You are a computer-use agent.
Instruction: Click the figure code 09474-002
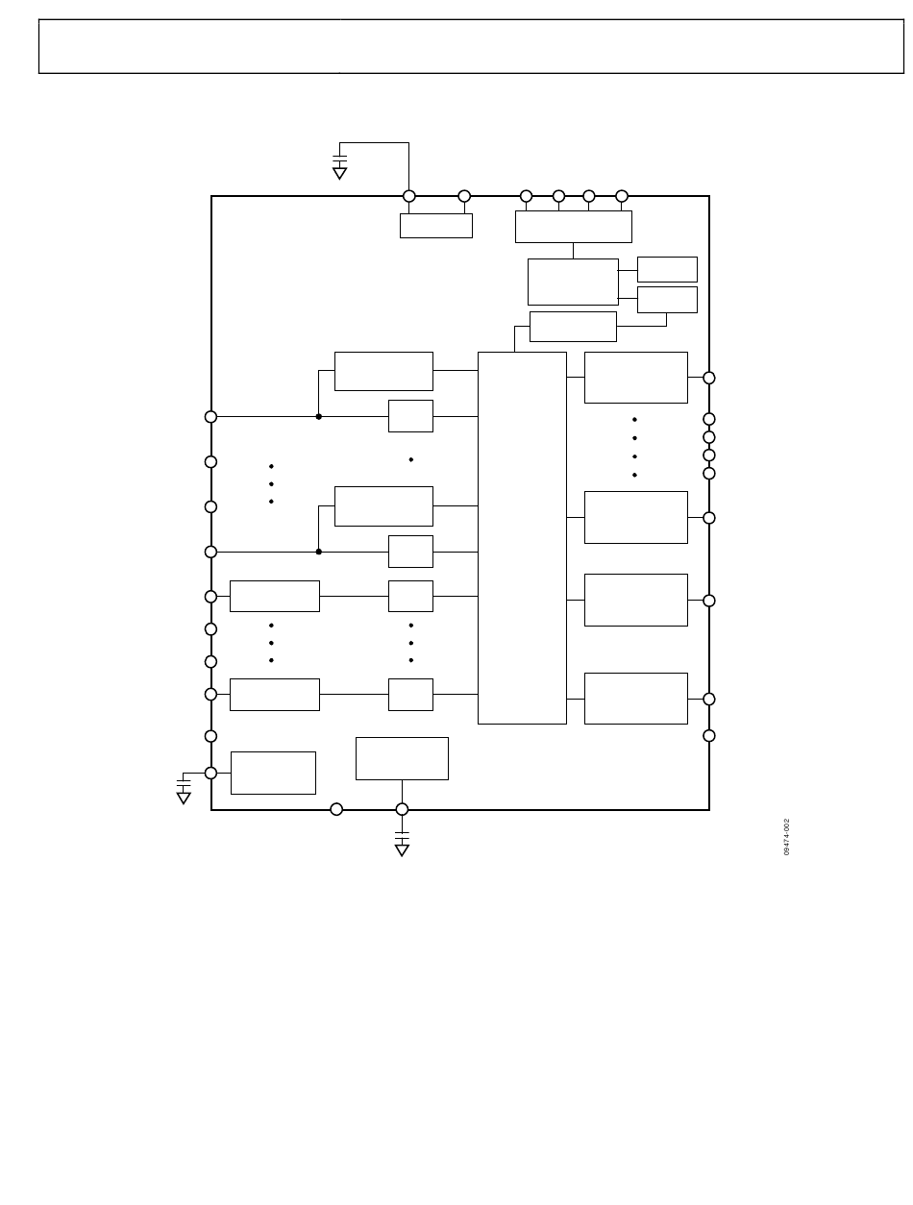(x=786, y=837)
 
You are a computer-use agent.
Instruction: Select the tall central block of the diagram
(x=522, y=537)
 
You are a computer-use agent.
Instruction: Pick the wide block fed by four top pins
(x=573, y=227)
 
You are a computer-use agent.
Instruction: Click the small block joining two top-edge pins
(x=435, y=226)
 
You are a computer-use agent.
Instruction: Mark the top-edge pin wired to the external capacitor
(x=409, y=196)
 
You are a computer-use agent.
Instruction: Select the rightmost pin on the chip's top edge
(x=622, y=196)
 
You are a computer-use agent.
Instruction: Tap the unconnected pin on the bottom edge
(x=336, y=809)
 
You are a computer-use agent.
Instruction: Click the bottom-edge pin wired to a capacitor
(x=402, y=809)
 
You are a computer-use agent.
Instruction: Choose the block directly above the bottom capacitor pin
(x=402, y=758)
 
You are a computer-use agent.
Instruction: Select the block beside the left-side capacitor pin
(x=273, y=773)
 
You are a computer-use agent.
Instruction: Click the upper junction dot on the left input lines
(x=319, y=416)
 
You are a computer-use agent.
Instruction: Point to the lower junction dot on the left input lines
(x=319, y=552)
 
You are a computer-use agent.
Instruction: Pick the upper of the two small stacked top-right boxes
(x=667, y=269)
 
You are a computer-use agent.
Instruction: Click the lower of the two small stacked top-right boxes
(x=667, y=299)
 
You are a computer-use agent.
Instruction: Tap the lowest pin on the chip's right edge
(x=709, y=736)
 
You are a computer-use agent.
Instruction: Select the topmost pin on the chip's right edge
(x=709, y=378)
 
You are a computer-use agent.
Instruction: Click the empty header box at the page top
(x=471, y=46)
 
